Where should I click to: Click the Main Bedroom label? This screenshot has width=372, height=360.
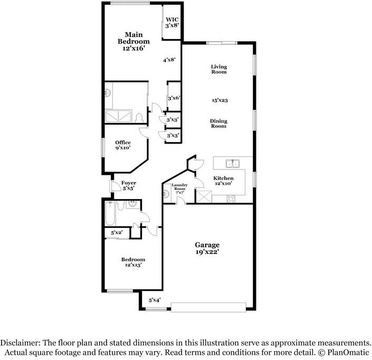coord(133,41)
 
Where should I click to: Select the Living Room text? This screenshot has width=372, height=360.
coord(219,69)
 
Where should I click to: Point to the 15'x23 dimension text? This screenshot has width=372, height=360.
coord(220,100)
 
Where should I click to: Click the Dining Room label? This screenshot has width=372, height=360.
coord(219,124)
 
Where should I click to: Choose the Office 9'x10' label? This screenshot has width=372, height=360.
coord(123,145)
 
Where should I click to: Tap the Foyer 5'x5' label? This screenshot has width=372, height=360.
coord(129,185)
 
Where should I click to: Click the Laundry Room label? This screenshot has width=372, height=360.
coord(179,188)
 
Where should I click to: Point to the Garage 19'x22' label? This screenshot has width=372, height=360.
coord(207,249)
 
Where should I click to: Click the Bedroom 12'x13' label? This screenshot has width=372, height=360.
coord(133,262)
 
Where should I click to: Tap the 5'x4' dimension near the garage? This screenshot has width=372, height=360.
coord(154,300)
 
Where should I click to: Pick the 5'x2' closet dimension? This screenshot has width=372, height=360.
coord(116,233)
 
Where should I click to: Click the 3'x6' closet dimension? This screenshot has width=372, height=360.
coord(174,98)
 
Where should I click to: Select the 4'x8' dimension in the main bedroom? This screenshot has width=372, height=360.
coord(169,60)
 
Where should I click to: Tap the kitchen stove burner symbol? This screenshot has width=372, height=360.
coord(231,198)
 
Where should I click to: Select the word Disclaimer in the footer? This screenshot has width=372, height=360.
coord(22,343)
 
